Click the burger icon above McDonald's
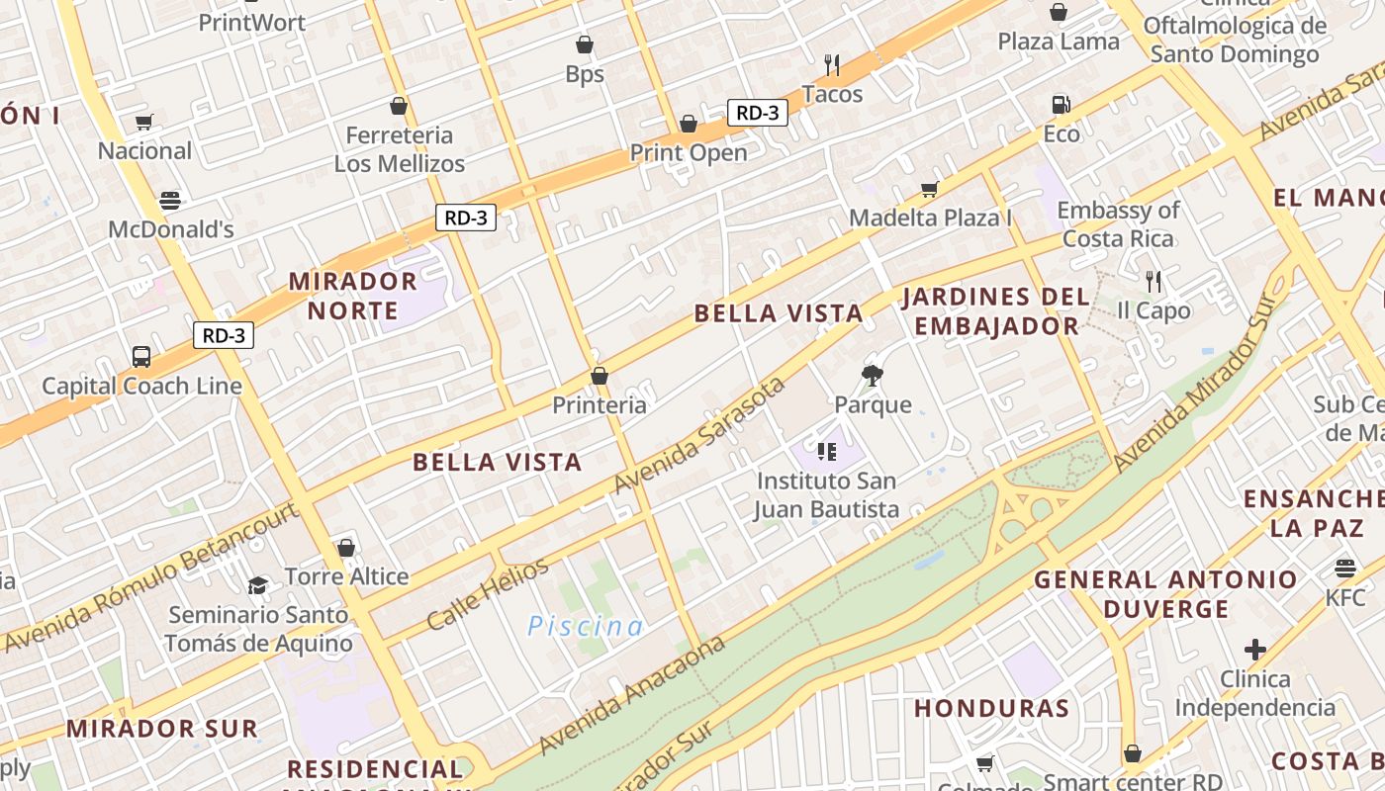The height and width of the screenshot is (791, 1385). (170, 201)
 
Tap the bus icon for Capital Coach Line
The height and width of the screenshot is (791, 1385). (141, 357)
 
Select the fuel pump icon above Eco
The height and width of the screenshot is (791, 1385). (1061, 105)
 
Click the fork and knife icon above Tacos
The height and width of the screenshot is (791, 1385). (832, 65)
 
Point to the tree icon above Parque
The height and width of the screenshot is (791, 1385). (872, 376)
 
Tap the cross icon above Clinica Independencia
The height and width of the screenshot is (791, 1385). (1255, 650)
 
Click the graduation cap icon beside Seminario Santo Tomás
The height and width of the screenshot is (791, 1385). (258, 585)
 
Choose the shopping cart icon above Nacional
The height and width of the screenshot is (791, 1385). (144, 123)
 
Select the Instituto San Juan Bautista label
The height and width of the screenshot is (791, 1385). (827, 495)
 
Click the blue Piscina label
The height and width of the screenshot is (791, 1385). (585, 626)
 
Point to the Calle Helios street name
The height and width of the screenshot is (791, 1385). (487, 594)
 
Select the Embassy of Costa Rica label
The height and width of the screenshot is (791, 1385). (1118, 224)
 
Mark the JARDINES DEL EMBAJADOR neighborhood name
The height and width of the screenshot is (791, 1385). (995, 310)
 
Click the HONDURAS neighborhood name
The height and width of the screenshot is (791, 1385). (991, 708)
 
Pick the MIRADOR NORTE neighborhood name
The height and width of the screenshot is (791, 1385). (352, 296)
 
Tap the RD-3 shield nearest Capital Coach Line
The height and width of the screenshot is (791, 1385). (224, 335)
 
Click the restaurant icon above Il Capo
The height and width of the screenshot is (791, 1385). (1153, 282)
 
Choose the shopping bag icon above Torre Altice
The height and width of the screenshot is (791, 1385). (346, 548)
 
